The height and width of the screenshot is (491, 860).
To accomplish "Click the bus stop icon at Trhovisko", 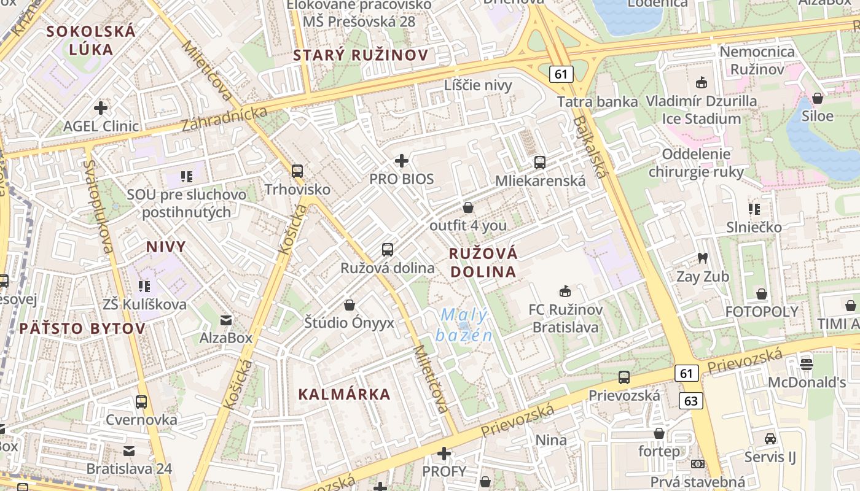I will (x=297, y=171).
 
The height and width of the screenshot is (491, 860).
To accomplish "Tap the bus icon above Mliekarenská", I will (x=540, y=163).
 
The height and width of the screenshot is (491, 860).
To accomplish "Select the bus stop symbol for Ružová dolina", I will (x=387, y=249).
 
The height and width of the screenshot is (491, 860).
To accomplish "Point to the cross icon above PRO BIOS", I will (x=402, y=161).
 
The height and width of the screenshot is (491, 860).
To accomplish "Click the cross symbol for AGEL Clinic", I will (x=101, y=108).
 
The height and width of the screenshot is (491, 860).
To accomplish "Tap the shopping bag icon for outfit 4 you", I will (x=468, y=207).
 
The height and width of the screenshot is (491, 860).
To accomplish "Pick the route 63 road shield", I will (x=691, y=401).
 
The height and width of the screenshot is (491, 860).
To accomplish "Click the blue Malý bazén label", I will (x=464, y=326).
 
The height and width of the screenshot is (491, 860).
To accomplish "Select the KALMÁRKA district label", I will (x=344, y=394).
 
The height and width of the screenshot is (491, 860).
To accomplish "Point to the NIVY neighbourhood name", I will (x=165, y=247).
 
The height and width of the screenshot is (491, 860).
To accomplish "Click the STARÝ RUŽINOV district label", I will (x=361, y=55).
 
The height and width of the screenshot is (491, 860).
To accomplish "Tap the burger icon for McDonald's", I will (x=807, y=364).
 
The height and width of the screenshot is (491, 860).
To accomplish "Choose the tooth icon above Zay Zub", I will (x=702, y=258).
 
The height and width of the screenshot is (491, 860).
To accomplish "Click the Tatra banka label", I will (x=597, y=101).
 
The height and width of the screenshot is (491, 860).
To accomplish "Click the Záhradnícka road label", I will (x=225, y=118).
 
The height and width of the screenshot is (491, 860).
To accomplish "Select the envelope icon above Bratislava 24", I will (x=129, y=451).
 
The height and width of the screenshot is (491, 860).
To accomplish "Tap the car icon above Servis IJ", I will (x=770, y=439).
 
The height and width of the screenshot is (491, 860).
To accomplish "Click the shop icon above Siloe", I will (x=818, y=98).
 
